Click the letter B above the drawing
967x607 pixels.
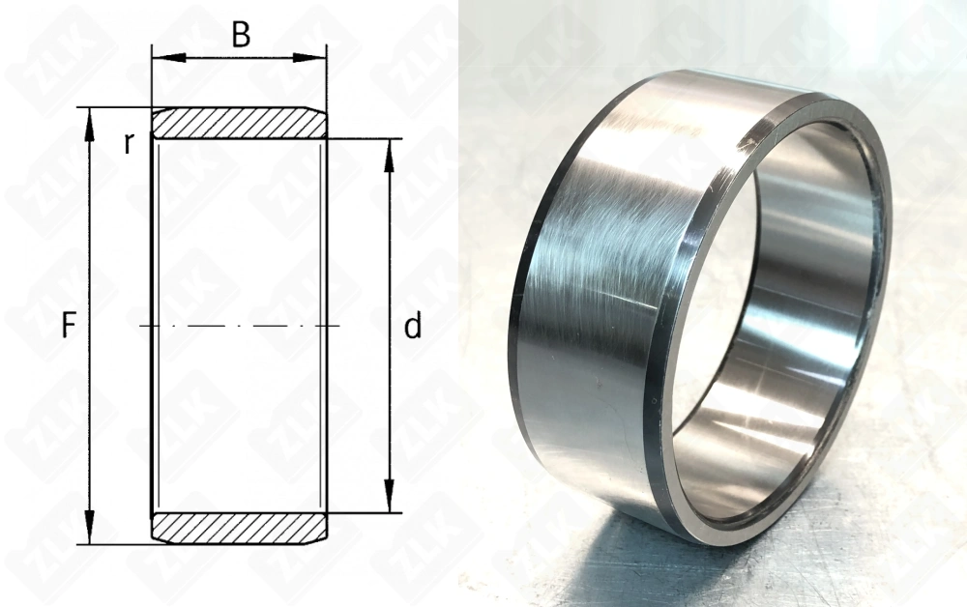241,35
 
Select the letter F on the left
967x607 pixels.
69,327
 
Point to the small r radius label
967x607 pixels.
128,143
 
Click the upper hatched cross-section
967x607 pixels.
238,124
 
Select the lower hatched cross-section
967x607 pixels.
238,528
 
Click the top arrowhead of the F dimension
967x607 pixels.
90,118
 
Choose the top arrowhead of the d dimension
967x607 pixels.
389,149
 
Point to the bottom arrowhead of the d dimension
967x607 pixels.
389,503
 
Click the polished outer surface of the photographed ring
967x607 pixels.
600,290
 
